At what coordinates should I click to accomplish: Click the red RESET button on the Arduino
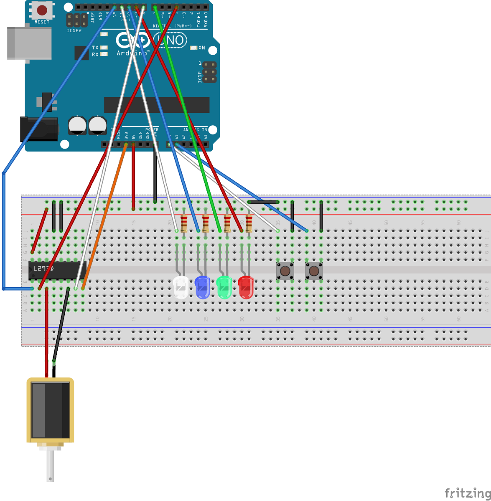42,10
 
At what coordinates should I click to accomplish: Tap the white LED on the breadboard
181,287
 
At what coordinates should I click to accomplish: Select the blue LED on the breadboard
202,287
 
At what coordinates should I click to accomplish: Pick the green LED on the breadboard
224,287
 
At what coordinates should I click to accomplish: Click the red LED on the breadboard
246,287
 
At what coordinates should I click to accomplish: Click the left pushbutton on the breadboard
285,271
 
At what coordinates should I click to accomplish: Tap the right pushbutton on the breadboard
314,271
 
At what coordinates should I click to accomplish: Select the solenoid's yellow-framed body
50,410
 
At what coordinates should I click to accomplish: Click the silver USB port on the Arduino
29,43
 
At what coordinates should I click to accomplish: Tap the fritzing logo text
467,493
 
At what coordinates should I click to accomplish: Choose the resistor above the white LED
183,223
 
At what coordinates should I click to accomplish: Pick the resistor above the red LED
249,223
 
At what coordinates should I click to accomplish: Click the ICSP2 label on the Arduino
74,31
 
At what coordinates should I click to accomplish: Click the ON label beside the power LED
202,48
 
